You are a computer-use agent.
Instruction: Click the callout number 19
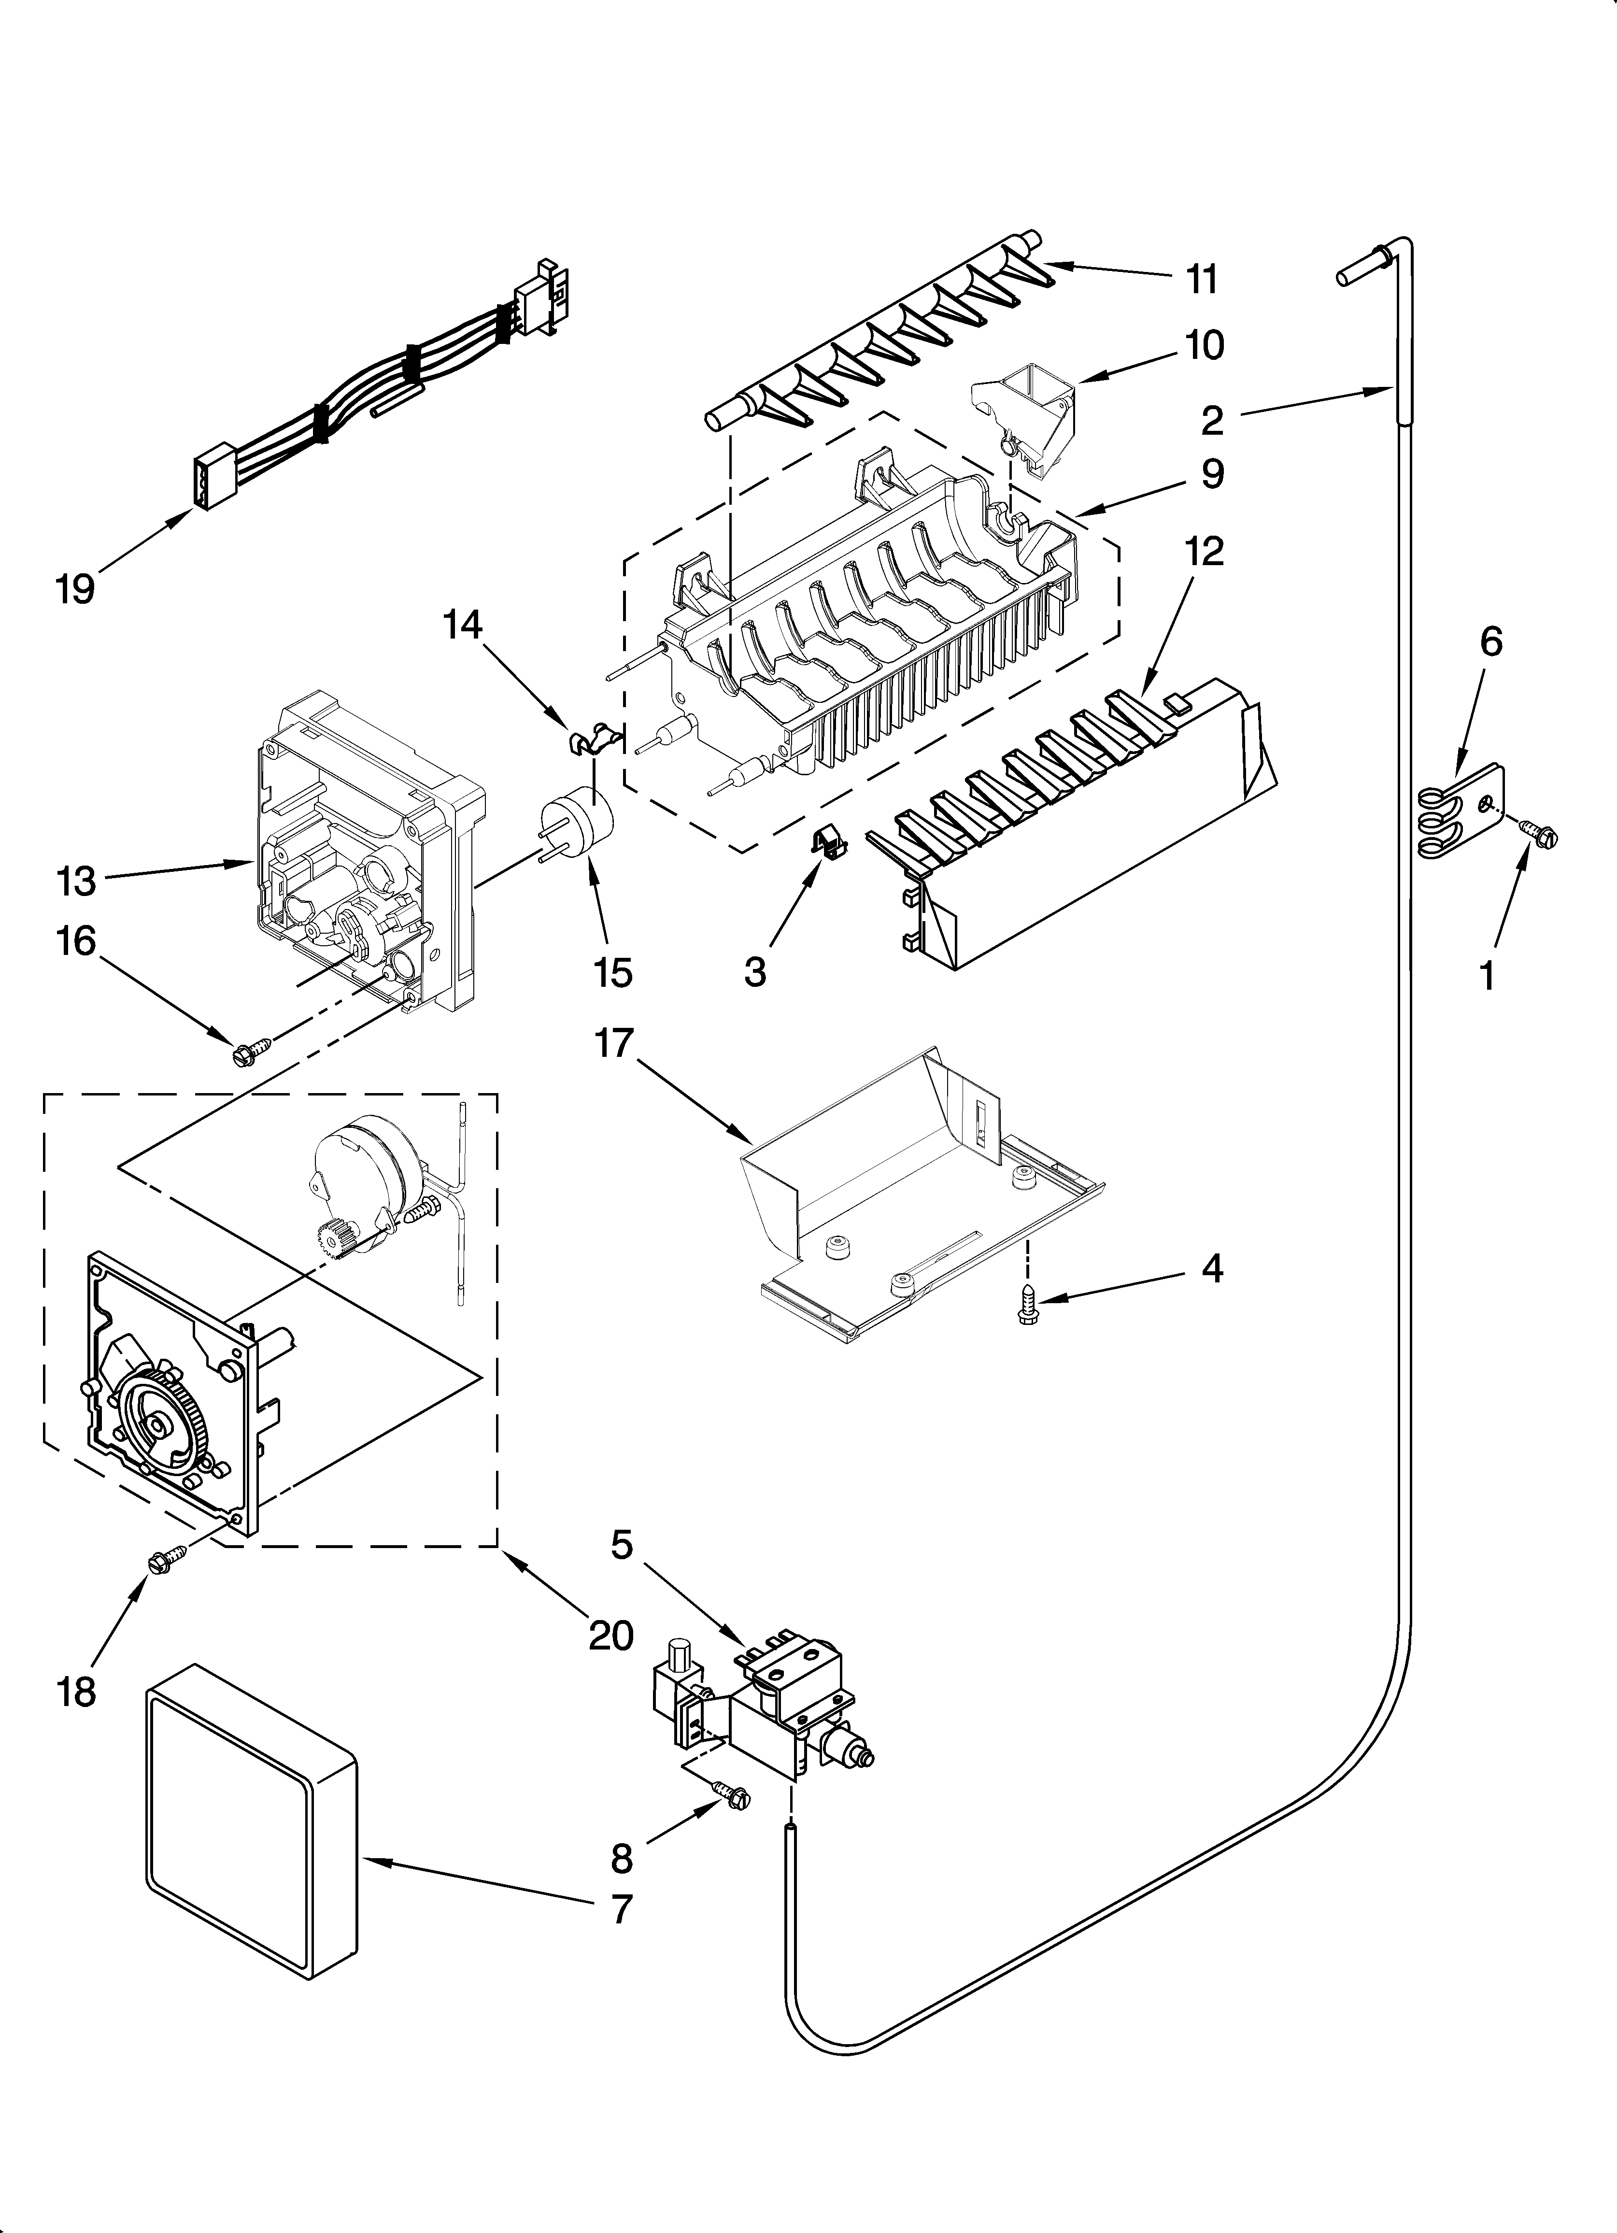point(75,589)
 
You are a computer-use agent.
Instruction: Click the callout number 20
point(610,1636)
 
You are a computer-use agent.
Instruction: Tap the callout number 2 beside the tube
point(1211,420)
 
